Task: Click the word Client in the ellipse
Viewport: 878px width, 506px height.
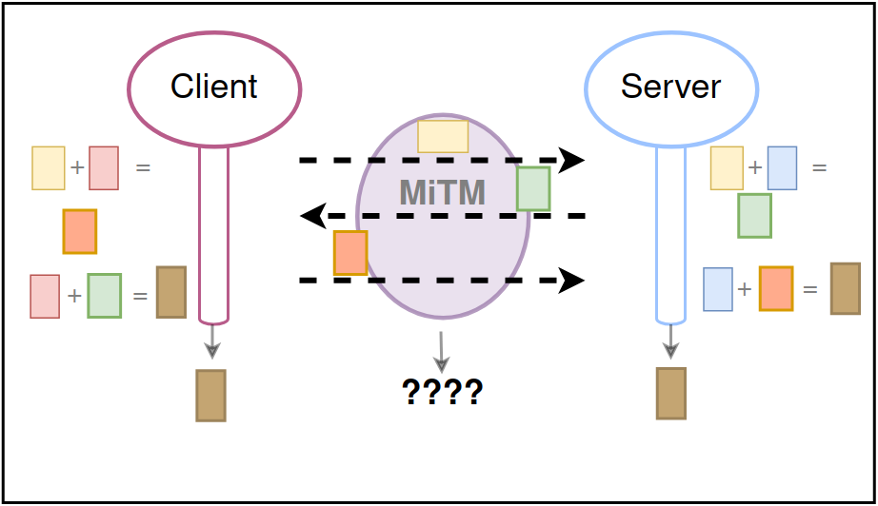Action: click(x=214, y=88)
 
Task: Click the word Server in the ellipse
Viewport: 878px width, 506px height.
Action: click(x=670, y=88)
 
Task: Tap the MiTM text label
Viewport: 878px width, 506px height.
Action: click(x=443, y=193)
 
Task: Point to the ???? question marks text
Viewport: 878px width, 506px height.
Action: click(x=442, y=391)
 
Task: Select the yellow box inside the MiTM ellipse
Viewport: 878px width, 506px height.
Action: click(x=443, y=136)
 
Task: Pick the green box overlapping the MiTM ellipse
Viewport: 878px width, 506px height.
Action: click(x=533, y=188)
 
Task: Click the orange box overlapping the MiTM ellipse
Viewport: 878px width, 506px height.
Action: click(x=350, y=253)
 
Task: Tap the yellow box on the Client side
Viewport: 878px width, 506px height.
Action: click(x=49, y=168)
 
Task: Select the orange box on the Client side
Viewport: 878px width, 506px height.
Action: click(x=80, y=231)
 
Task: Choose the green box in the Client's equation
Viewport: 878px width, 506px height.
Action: click(x=104, y=296)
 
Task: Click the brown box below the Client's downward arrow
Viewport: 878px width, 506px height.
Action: click(x=210, y=395)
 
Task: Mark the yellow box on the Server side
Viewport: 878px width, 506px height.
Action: click(x=727, y=168)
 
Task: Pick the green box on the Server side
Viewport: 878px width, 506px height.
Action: click(x=754, y=215)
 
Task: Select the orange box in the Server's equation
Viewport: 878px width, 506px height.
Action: click(x=776, y=288)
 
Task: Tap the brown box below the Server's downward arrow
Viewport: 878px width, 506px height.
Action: click(x=671, y=392)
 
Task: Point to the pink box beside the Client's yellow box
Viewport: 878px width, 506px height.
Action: click(x=104, y=168)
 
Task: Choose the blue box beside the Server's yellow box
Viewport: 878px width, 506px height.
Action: click(x=782, y=168)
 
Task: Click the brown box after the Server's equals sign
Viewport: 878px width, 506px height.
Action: click(x=845, y=288)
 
